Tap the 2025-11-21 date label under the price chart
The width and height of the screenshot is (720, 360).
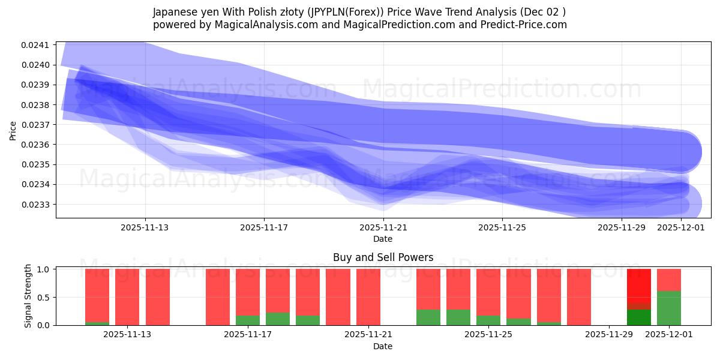pyautogui.click(x=383, y=227)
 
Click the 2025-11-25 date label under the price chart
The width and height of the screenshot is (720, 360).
pyautogui.click(x=502, y=227)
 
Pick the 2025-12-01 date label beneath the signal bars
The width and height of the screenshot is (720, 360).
pyautogui.click(x=668, y=335)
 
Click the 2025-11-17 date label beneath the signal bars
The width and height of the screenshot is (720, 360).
pyautogui.click(x=247, y=335)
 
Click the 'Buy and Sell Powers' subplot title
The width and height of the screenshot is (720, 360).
pyautogui.click(x=383, y=257)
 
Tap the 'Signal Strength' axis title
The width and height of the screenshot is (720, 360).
pyautogui.click(x=28, y=297)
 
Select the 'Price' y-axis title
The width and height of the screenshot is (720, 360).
pyautogui.click(x=13, y=130)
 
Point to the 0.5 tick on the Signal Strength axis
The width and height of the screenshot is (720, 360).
pyautogui.click(x=44, y=298)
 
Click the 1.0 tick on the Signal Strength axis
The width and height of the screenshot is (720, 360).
pyautogui.click(x=44, y=269)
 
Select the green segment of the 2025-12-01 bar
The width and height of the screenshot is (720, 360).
pyautogui.click(x=669, y=308)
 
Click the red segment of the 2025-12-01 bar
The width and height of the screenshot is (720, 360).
pyautogui.click(x=669, y=280)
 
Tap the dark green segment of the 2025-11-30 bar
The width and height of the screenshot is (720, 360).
pyautogui.click(x=639, y=317)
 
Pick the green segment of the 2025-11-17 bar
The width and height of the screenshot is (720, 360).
pyautogui.click(x=248, y=320)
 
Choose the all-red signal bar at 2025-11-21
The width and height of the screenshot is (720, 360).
pyautogui.click(x=368, y=297)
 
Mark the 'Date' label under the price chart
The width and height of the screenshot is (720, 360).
pyautogui.click(x=383, y=239)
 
